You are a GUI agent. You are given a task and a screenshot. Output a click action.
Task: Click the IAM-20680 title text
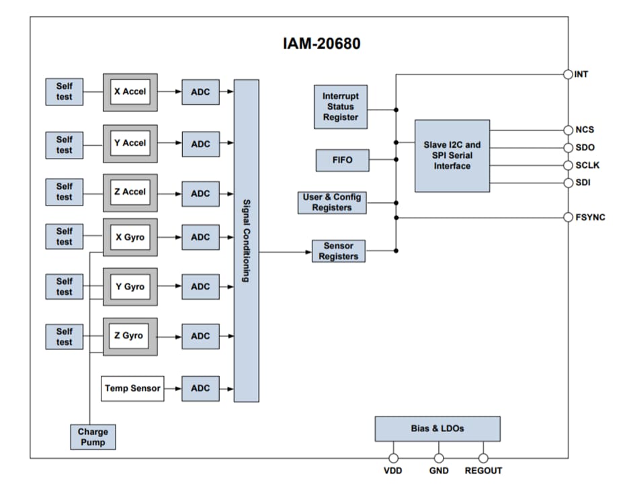click(x=321, y=44)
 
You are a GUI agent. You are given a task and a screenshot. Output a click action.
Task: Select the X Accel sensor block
click(x=130, y=92)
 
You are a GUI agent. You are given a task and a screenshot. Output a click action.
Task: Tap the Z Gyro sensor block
click(x=130, y=336)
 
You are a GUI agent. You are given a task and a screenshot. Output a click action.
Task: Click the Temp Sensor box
click(x=132, y=388)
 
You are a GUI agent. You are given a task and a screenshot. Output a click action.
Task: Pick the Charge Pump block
click(x=93, y=437)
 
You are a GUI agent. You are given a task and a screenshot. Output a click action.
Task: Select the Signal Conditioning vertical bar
click(x=247, y=240)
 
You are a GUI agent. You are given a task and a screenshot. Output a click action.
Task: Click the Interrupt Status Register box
click(x=341, y=107)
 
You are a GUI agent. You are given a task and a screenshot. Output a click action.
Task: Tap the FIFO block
click(x=342, y=161)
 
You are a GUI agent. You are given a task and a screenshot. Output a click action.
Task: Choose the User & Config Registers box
click(x=332, y=202)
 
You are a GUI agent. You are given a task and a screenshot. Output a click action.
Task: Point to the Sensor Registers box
click(x=338, y=251)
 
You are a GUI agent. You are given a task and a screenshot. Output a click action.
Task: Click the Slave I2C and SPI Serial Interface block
click(x=452, y=155)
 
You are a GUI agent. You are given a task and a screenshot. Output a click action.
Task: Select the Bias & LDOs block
click(x=437, y=429)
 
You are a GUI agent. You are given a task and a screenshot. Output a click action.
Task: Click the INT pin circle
click(x=569, y=74)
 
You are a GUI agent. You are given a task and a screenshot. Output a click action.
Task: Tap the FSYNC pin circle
click(x=569, y=217)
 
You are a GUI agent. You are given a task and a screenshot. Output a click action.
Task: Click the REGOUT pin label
click(x=483, y=471)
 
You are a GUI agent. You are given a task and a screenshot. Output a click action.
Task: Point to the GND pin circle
click(x=438, y=458)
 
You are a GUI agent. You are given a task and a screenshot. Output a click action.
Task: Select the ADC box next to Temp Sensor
click(x=200, y=388)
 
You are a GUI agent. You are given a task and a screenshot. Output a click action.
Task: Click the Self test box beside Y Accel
click(x=64, y=144)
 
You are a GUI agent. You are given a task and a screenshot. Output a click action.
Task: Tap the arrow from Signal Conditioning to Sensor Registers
click(x=286, y=252)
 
